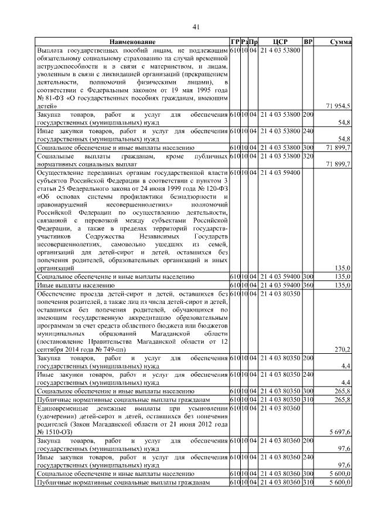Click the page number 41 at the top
click(196, 26)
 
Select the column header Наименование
click(132, 42)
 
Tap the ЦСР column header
click(279, 42)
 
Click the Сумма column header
click(340, 42)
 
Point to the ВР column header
click(308, 42)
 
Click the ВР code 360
click(308, 285)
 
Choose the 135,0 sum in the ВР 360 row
click(342, 285)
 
